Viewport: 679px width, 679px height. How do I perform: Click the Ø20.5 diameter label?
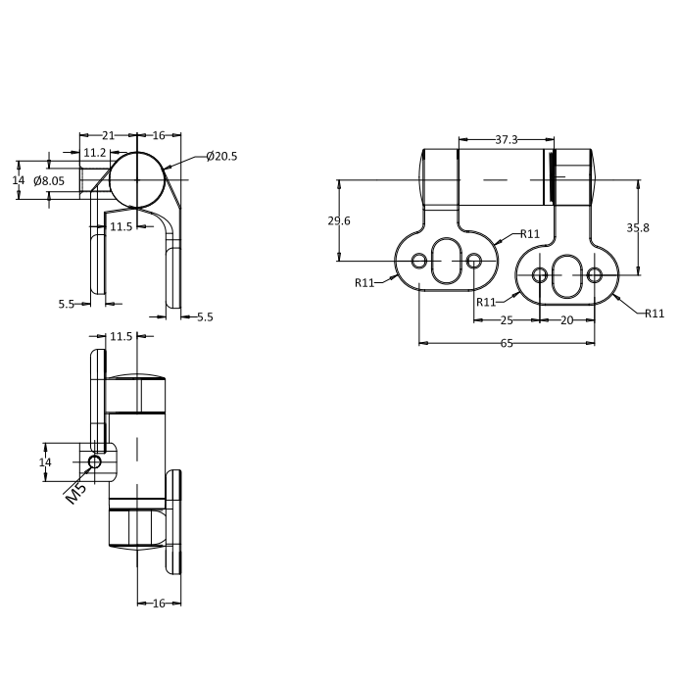221,156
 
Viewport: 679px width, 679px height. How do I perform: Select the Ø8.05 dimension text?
49,180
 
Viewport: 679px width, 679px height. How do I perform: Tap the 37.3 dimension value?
507,139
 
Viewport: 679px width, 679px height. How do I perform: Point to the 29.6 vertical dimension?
339,220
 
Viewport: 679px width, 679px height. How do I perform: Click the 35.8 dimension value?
638,227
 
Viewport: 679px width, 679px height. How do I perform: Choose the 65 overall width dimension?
507,343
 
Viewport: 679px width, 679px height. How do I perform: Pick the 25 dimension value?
507,320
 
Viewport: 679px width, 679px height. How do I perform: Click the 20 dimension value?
567,320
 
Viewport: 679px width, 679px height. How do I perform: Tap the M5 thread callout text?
76,494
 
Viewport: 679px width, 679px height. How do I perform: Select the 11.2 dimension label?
95,153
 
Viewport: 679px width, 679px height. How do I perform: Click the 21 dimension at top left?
108,135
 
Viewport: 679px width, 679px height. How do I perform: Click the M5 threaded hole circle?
95,462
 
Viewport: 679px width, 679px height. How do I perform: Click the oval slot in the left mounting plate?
447,262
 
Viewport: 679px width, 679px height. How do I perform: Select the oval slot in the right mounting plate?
567,275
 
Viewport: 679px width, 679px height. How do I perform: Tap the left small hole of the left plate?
419,262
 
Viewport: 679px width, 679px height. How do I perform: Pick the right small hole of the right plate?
595,275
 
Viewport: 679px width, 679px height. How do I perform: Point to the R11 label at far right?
655,314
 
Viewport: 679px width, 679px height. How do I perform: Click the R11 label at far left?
364,283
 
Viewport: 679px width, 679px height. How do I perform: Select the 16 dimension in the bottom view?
159,604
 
